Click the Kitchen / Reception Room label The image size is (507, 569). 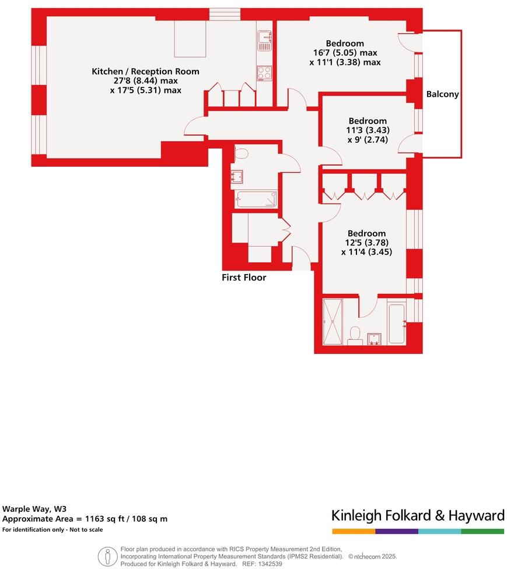pos(145,72)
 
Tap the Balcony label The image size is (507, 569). pos(442,94)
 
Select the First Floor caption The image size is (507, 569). pos(244,278)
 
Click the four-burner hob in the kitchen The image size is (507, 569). pos(264,73)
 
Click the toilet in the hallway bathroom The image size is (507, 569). pos(240,154)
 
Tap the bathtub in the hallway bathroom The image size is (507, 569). pos(256,199)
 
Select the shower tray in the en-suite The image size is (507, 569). pos(334,322)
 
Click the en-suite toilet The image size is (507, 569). pos(354,334)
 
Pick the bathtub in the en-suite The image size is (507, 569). pos(397,323)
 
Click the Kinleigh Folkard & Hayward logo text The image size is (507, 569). pos(418,515)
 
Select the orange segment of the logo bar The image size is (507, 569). pos(354,531)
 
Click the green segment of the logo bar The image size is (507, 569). pos(482,531)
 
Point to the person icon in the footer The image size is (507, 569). pos(107,557)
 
